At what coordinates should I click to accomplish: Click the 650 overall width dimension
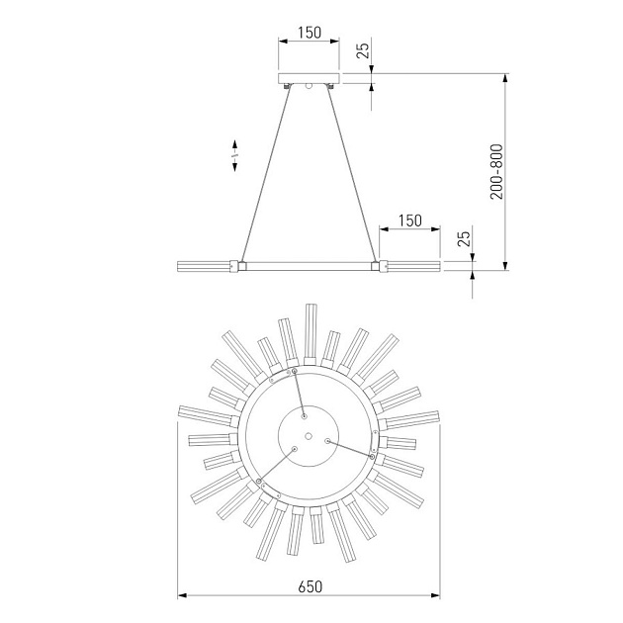click(x=310, y=586)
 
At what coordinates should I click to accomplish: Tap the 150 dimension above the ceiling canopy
click(x=309, y=33)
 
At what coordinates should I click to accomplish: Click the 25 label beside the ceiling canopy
click(x=363, y=51)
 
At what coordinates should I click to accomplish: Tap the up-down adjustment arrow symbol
click(x=235, y=154)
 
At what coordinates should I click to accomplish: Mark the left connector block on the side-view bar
click(x=237, y=265)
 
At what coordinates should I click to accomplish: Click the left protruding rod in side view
click(x=204, y=265)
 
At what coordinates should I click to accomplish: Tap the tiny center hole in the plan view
click(x=310, y=436)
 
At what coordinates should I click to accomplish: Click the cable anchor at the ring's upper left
click(x=295, y=371)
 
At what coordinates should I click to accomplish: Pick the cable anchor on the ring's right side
click(x=371, y=457)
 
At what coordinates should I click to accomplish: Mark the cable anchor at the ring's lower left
click(x=260, y=482)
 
